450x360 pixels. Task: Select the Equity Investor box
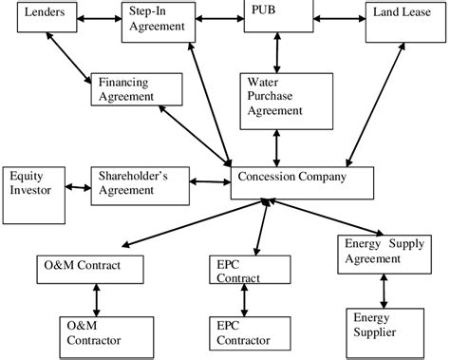(x=32, y=184)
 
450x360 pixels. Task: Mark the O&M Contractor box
(x=94, y=332)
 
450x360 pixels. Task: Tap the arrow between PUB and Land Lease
(x=337, y=16)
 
